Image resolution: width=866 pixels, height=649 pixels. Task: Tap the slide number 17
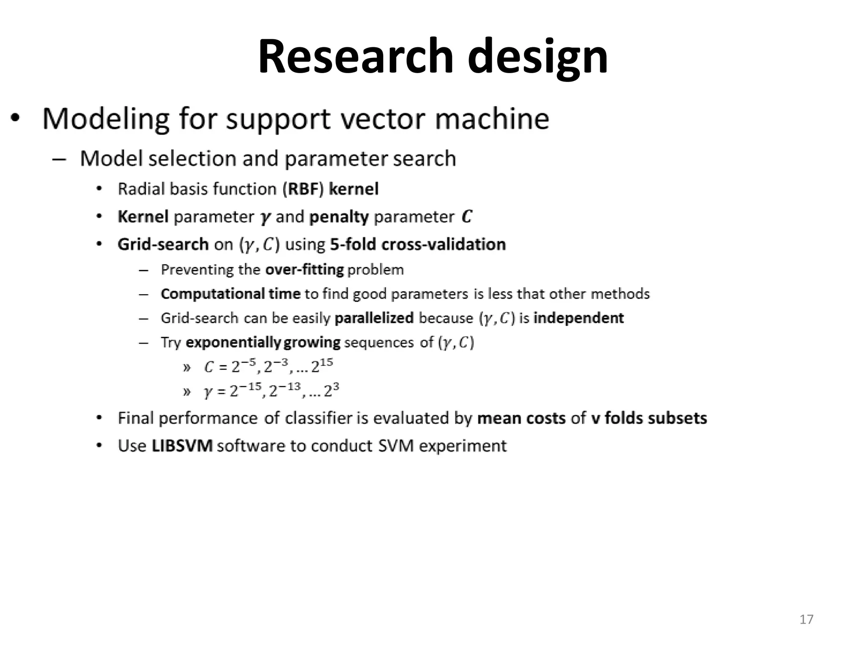point(806,619)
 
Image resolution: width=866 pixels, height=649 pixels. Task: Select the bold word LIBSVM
point(182,446)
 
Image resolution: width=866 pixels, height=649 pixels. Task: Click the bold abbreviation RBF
point(303,189)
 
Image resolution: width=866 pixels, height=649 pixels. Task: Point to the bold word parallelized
point(374,318)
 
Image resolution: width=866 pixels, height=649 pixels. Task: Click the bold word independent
point(578,318)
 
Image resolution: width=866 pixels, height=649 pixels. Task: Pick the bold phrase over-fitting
point(304,270)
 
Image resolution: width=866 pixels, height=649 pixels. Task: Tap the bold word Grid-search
point(163,245)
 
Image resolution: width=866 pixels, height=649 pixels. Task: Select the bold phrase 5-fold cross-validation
point(418,245)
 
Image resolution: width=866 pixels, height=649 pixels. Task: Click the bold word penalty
point(339,217)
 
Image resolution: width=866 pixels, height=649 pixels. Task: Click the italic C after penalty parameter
point(466,217)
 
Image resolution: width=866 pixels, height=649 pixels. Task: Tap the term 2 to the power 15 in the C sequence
point(322,366)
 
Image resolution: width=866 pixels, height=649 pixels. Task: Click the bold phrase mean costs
point(521,418)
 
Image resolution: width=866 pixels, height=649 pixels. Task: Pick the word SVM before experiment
point(395,446)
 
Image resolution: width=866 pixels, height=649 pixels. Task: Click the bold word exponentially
point(233,343)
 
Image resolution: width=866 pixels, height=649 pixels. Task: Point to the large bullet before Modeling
point(16,119)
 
